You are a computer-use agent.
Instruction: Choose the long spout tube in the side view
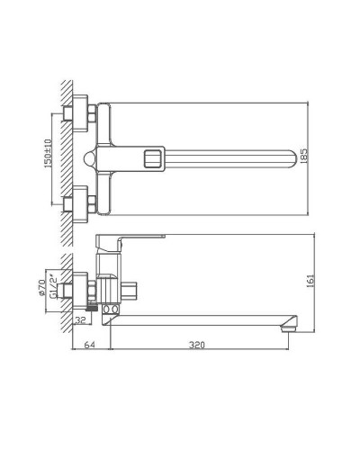click(x=198, y=319)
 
